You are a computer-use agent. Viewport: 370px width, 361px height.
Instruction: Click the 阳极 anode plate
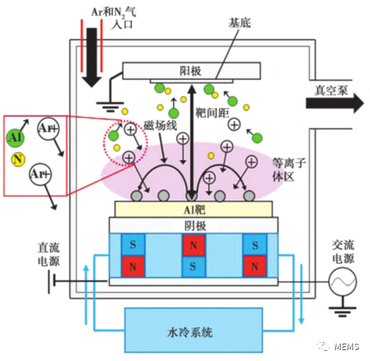(x=190, y=71)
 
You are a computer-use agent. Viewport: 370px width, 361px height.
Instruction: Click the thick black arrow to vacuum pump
(x=333, y=104)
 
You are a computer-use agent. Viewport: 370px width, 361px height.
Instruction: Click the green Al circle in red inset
(x=16, y=136)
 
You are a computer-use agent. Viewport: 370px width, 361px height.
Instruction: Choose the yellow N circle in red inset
(x=18, y=159)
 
